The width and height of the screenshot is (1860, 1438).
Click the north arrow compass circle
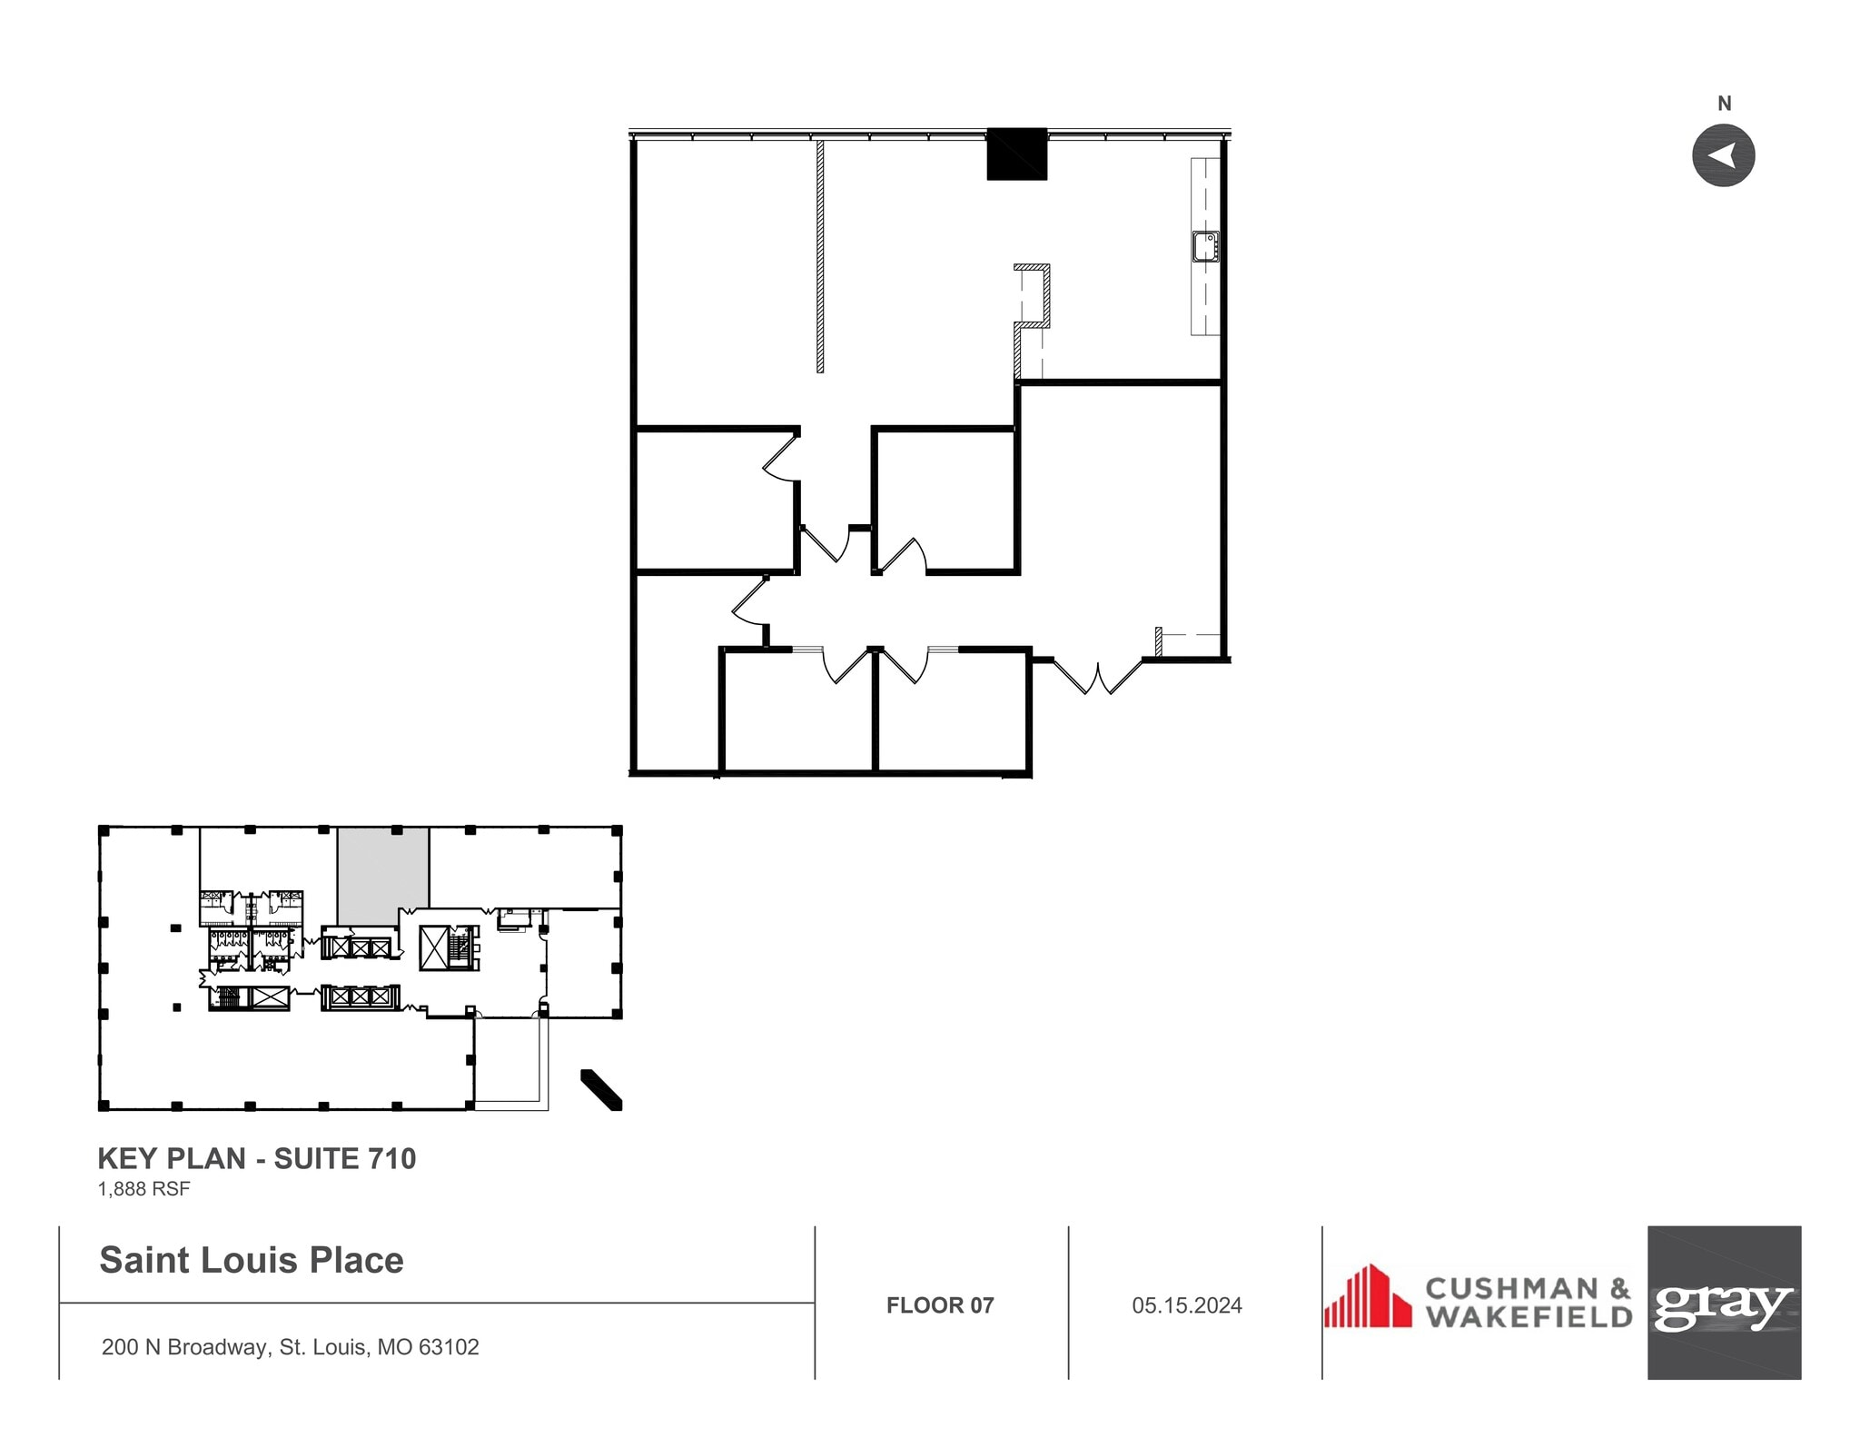point(1723,155)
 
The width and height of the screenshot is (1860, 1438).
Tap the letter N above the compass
point(1724,104)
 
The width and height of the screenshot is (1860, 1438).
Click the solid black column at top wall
point(1016,154)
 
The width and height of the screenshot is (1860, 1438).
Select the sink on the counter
point(1205,246)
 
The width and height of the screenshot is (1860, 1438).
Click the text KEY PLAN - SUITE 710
point(256,1158)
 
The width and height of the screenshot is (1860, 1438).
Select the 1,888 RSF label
point(143,1188)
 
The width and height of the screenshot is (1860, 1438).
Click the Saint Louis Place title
point(252,1260)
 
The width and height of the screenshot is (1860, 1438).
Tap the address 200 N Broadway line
point(290,1346)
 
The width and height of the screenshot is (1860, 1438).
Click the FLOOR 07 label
point(940,1305)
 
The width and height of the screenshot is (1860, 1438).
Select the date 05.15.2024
point(1186,1305)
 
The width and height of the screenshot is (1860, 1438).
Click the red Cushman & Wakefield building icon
point(1367,1296)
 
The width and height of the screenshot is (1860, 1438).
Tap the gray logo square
point(1723,1302)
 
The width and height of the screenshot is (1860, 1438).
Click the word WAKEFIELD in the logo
point(1528,1317)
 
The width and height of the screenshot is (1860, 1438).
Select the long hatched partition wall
point(820,256)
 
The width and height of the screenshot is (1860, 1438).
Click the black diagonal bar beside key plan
point(601,1089)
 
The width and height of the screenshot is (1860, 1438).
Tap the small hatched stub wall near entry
point(1159,641)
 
